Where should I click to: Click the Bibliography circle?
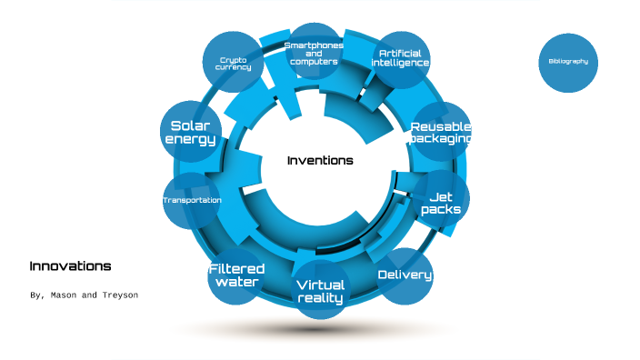(568, 62)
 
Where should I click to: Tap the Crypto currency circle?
(233, 63)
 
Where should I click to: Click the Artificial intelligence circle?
(400, 59)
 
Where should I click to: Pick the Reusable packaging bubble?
(440, 133)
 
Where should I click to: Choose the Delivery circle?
(405, 275)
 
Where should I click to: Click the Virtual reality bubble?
(320, 291)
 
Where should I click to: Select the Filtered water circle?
(236, 275)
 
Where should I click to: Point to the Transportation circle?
(192, 200)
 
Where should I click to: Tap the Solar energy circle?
(190, 132)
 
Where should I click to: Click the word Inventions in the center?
(320, 161)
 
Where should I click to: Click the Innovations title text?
(70, 266)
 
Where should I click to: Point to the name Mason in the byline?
(63, 296)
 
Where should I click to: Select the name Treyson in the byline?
(118, 296)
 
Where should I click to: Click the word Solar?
(190, 125)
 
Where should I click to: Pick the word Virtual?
(320, 285)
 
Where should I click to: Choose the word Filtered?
(236, 268)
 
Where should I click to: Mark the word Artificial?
(400, 54)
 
